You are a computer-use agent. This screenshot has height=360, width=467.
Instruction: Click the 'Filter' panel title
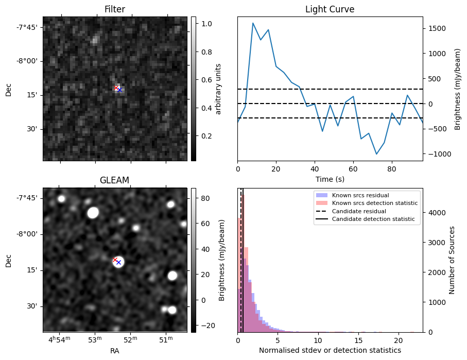[x=114, y=9]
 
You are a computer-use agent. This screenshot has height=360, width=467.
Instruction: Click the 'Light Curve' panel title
[x=330, y=9]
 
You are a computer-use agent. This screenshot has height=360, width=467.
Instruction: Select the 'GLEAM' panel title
[x=114, y=180]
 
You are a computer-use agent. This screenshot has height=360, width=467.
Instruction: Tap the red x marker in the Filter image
[x=116, y=88]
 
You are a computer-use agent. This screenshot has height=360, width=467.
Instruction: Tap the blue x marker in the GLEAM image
[x=118, y=263]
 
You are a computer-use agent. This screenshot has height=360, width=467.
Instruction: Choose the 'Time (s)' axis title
[x=330, y=179]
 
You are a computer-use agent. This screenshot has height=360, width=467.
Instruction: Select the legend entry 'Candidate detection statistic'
[x=373, y=219]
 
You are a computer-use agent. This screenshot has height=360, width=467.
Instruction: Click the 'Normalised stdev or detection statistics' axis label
[x=330, y=350]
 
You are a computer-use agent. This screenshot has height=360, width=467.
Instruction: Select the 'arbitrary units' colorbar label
[x=218, y=89]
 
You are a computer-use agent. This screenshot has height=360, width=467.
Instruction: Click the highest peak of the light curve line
[x=253, y=23]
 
